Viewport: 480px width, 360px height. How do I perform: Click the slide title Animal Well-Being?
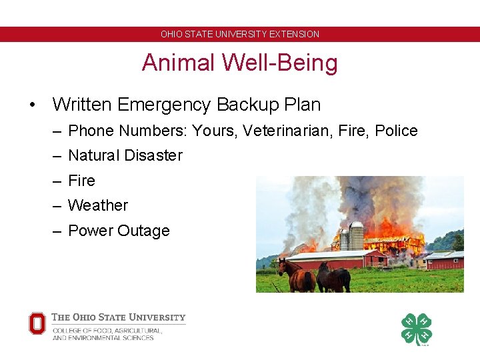click(x=240, y=63)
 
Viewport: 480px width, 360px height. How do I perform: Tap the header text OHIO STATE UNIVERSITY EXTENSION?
click(x=240, y=34)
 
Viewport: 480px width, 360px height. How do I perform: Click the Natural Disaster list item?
click(x=125, y=155)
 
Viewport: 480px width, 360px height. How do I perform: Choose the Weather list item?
click(x=98, y=205)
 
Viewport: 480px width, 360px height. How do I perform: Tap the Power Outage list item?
click(x=119, y=231)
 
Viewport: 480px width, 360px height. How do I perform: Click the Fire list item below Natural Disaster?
click(x=81, y=181)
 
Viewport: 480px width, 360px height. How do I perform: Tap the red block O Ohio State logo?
click(x=37, y=324)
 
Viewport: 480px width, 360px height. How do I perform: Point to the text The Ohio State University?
click(x=119, y=317)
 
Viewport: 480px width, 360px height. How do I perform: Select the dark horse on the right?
click(x=335, y=277)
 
